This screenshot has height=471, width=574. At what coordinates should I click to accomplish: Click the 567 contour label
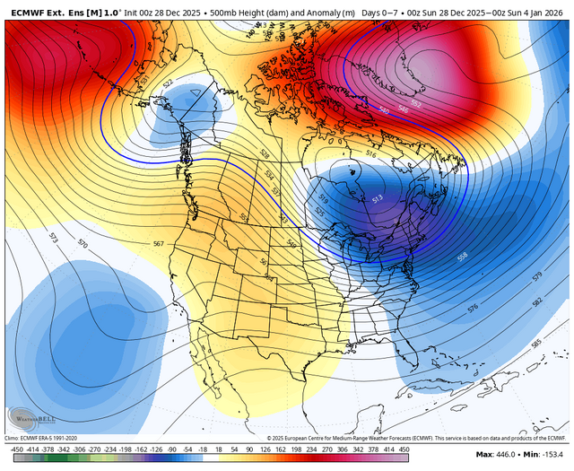pyautogui.click(x=159, y=244)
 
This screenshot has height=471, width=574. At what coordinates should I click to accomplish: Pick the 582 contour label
pyautogui.click(x=536, y=302)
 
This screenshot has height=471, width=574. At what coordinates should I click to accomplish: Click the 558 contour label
pyautogui.click(x=463, y=257)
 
